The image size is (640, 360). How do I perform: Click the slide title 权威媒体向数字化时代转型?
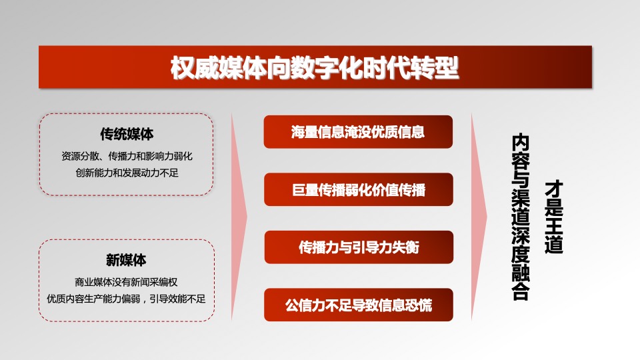[315, 68]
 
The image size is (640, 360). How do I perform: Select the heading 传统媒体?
[127, 134]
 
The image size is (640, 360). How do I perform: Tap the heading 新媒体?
[126, 259]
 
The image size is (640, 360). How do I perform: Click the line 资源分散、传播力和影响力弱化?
[127, 156]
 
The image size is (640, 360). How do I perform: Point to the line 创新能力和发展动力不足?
[127, 173]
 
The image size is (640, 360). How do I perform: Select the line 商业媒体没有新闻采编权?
[126, 282]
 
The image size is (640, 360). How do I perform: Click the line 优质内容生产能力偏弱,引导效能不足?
[126, 299]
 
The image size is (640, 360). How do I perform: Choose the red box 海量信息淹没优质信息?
[358, 132]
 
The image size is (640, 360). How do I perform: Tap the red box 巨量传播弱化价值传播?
[359, 189]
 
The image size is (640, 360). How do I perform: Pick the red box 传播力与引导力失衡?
[359, 247]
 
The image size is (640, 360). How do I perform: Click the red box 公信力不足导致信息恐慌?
[359, 305]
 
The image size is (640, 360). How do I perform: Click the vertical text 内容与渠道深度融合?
[521, 217]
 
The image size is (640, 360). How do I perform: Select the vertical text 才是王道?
[553, 217]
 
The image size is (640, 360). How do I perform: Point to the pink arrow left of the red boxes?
[239, 217]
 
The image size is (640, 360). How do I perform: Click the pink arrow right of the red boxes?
[479, 217]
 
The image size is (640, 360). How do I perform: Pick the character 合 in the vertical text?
[521, 292]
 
